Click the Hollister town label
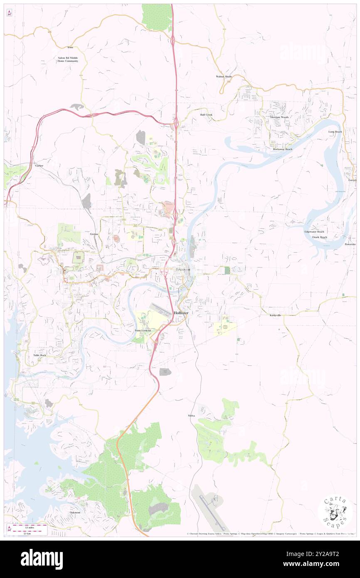click(181, 313)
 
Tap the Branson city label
click(183, 269)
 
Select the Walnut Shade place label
click(224, 77)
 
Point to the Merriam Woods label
click(279, 117)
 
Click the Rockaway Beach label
click(282, 149)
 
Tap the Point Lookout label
click(143, 330)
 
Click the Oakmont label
click(75, 512)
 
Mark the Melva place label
click(191, 415)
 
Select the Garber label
click(39, 165)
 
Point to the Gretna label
click(94, 234)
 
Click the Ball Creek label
click(206, 114)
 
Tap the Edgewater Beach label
click(314, 232)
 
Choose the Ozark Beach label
click(320, 237)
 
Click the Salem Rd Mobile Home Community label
click(68, 59)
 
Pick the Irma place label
click(70, 48)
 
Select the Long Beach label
click(335, 132)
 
